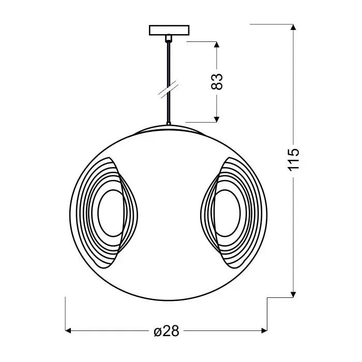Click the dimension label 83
[217, 82]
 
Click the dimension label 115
[293, 159]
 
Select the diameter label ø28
[166, 331]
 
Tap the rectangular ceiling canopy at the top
[169, 30]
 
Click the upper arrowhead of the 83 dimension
[217, 44]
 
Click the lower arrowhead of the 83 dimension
[217, 119]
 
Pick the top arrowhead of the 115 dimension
[293, 27]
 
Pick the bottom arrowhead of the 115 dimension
[293, 295]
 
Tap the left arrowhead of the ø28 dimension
[68, 331]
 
